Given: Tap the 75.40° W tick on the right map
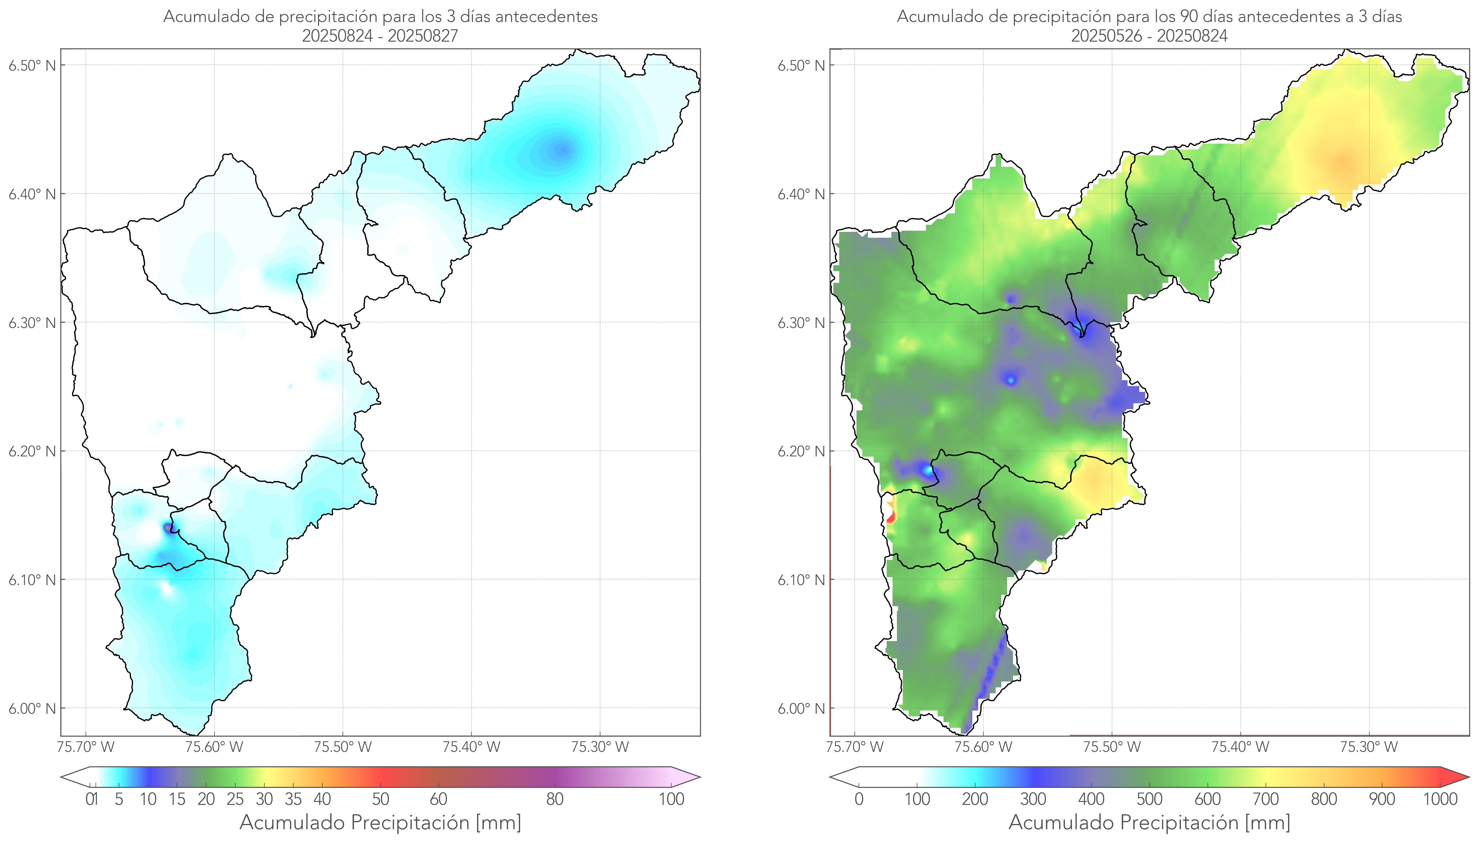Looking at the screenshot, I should pyautogui.click(x=1240, y=747).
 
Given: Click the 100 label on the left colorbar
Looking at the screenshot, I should pyautogui.click(x=671, y=799).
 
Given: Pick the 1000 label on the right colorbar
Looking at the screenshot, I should pyautogui.click(x=1440, y=799).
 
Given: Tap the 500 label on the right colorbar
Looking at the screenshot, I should pyautogui.click(x=1149, y=799).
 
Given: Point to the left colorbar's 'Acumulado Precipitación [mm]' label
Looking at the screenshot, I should pyautogui.click(x=380, y=822).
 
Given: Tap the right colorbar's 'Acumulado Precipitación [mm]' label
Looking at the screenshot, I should pyautogui.click(x=1149, y=822).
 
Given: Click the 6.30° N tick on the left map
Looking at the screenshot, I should pyautogui.click(x=33, y=322).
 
